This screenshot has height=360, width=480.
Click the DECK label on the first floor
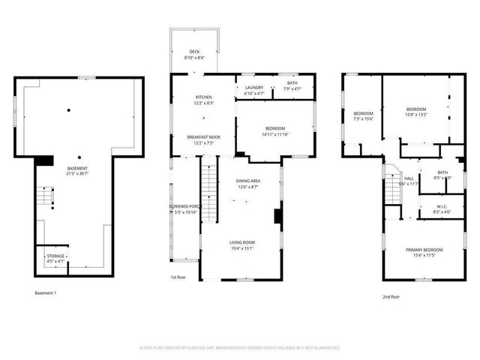pyautogui.click(x=194, y=52)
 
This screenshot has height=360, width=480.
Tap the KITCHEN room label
pyautogui.click(x=204, y=97)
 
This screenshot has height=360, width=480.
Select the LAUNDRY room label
pyautogui.click(x=254, y=87)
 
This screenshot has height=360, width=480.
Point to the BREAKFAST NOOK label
pyautogui.click(x=203, y=137)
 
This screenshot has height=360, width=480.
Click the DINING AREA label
pyautogui.click(x=248, y=181)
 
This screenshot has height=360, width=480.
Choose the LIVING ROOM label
pyautogui.click(x=242, y=242)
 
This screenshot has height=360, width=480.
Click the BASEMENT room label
pyautogui.click(x=77, y=168)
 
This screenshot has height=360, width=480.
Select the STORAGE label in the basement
pyautogui.click(x=55, y=256)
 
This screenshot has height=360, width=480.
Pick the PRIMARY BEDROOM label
pyautogui.click(x=424, y=250)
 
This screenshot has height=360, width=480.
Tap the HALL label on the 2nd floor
pyautogui.click(x=409, y=178)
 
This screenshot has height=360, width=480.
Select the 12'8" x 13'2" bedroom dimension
pyautogui.click(x=416, y=115)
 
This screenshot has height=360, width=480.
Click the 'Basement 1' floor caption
pyautogui.click(x=46, y=292)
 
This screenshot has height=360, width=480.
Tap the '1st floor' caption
pyautogui.click(x=178, y=277)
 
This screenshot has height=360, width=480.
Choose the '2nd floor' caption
pyautogui.click(x=391, y=297)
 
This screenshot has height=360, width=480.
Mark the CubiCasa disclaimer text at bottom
pyautogui.click(x=240, y=347)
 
